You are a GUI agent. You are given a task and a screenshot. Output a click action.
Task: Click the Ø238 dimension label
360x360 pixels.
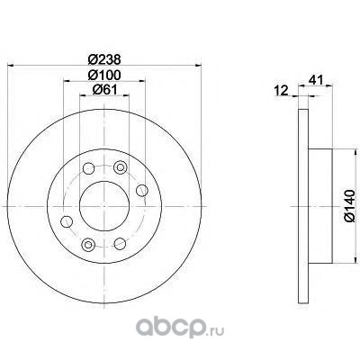pos(104,58)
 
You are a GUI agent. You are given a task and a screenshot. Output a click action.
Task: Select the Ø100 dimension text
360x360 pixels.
pos(104,75)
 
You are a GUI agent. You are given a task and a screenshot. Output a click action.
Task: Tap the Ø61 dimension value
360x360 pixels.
pos(104,89)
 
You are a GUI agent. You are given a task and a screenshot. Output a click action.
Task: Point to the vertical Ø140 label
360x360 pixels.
pos(350,205)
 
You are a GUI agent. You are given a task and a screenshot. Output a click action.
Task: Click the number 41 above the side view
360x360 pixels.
pos(316,80)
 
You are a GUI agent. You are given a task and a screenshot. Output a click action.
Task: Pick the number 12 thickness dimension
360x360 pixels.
pos(281,90)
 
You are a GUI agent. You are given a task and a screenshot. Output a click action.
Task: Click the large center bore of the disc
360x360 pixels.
pos(104,206)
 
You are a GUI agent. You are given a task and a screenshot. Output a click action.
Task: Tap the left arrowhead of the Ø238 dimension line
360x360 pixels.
pos(11,65)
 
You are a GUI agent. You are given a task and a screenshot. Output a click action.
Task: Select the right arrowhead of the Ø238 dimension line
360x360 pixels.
pos(198,65)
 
